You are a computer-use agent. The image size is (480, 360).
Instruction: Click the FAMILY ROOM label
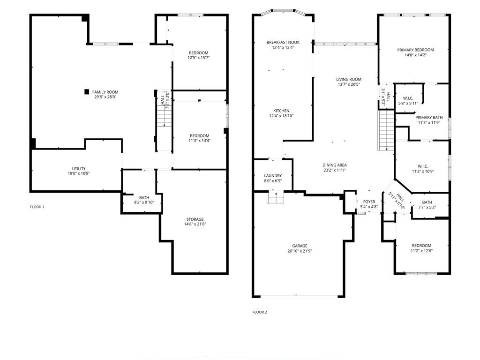(x=105, y=92)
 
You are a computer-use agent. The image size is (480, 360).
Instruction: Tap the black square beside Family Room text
(x=87, y=92)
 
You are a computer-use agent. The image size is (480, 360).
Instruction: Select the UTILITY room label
(x=79, y=169)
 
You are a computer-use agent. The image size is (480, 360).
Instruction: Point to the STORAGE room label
(x=195, y=219)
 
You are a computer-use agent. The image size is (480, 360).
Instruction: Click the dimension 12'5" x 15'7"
(x=199, y=58)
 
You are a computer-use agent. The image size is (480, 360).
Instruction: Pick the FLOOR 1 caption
(x=37, y=207)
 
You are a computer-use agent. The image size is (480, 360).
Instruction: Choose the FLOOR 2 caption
(x=260, y=312)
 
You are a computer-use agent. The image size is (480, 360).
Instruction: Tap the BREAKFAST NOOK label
(x=283, y=42)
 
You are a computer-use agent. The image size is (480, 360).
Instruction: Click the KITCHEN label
(x=281, y=111)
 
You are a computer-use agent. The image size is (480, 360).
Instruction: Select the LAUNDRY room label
(x=273, y=176)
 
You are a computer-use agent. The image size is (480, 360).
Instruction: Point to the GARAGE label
(x=300, y=246)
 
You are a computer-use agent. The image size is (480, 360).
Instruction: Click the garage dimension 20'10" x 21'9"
(x=300, y=251)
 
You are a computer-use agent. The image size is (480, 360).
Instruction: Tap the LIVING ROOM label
(x=349, y=79)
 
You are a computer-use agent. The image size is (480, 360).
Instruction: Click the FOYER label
(x=369, y=202)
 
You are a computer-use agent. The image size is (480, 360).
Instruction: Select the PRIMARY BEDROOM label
(x=415, y=50)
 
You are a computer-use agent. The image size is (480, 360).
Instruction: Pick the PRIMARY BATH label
(x=429, y=118)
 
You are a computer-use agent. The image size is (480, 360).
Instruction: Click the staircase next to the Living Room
(x=386, y=130)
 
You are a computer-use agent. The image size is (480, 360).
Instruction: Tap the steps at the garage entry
(x=276, y=197)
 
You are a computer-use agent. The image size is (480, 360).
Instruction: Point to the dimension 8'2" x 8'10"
(x=144, y=202)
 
